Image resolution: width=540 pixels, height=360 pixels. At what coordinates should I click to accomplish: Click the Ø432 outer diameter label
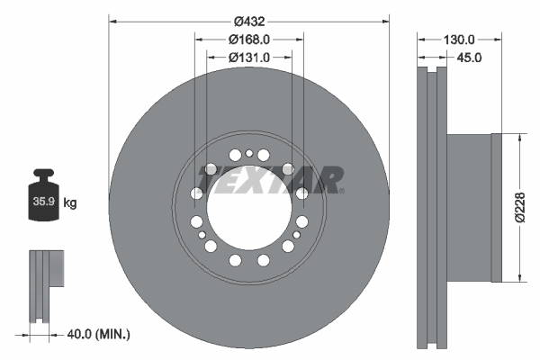pyautogui.click(x=249, y=20)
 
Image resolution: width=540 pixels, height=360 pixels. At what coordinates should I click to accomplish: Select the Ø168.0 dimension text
pyautogui.click(x=249, y=40)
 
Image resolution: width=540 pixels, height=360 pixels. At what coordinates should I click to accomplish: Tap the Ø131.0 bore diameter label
pyautogui.click(x=249, y=58)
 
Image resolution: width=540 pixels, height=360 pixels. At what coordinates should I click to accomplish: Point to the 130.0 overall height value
pyautogui.click(x=459, y=40)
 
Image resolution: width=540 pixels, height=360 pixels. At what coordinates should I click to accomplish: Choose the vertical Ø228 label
pyautogui.click(x=519, y=207)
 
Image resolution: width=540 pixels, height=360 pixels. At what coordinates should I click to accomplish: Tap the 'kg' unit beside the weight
pyautogui.click(x=70, y=203)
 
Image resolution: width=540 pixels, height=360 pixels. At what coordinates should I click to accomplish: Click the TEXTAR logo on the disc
pyautogui.click(x=271, y=180)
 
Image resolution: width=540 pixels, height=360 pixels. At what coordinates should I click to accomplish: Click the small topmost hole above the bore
pyautogui.click(x=249, y=154)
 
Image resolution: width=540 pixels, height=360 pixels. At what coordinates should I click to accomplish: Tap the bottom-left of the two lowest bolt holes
pyautogui.click(x=235, y=260)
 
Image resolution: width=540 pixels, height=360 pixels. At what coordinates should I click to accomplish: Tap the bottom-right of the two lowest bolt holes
pyautogui.click(x=264, y=260)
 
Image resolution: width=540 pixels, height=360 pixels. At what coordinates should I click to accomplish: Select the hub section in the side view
pyautogui.click(x=470, y=207)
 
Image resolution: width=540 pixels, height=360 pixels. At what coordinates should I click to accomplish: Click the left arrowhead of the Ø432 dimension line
pyautogui.click(x=112, y=20)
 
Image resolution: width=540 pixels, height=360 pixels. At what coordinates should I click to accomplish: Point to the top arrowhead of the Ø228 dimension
pyautogui.click(x=519, y=137)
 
